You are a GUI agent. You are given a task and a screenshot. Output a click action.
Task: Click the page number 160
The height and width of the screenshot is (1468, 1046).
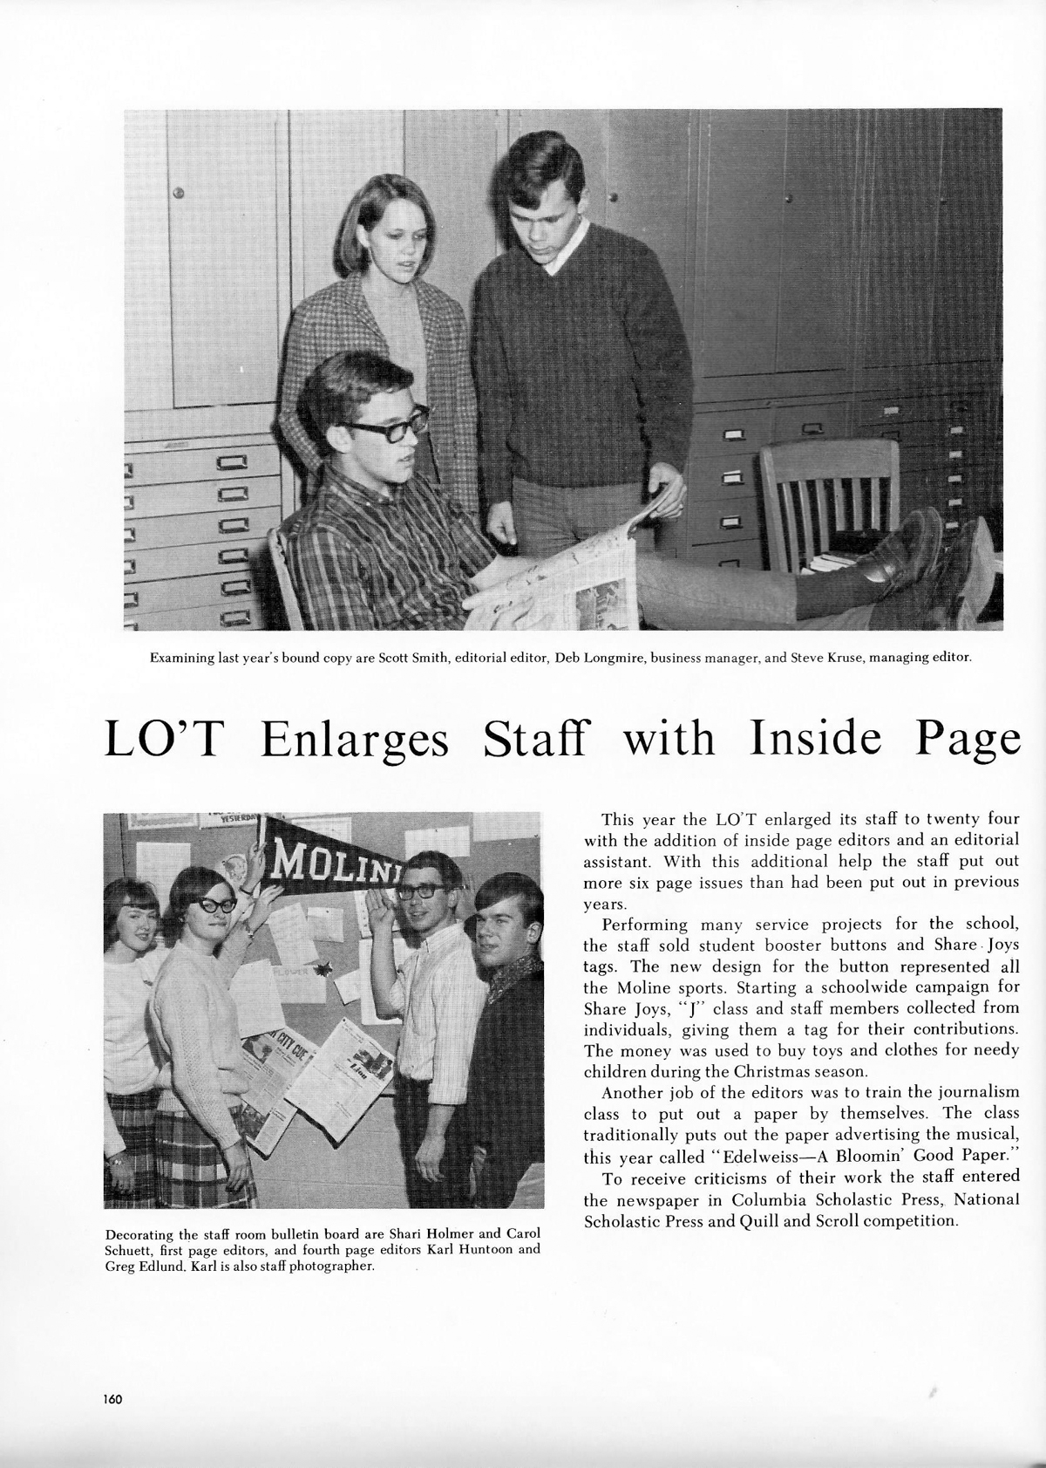[x=112, y=1399]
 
